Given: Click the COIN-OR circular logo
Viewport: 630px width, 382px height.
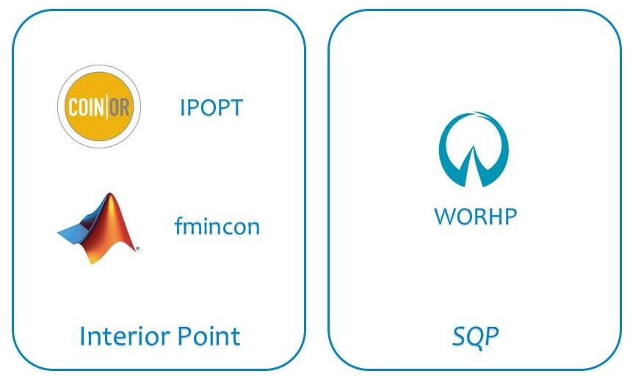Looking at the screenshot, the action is coord(99,107).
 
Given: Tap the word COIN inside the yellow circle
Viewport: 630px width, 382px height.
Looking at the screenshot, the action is coord(87,107).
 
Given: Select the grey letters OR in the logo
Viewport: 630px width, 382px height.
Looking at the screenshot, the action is coord(120,107).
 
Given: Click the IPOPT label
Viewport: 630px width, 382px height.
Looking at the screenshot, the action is coord(211,107).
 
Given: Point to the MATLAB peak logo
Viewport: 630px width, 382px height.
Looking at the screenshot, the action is coord(98,228).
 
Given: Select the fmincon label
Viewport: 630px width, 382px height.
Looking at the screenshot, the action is coord(217,226).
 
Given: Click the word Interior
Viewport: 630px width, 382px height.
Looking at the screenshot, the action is coord(126,336).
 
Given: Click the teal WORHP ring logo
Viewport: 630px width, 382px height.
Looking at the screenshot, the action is coord(474,149).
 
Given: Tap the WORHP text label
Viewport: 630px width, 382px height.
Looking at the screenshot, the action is coord(475,216).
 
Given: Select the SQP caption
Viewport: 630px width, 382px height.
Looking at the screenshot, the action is coord(475,336).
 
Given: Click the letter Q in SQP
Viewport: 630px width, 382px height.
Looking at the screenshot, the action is coord(475,337).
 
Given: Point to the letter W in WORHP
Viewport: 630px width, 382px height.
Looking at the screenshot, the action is coord(446,216).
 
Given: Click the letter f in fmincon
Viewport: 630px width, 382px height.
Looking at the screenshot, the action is coord(179,226).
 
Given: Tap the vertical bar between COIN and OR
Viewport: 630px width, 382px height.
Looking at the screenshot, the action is coord(107,107).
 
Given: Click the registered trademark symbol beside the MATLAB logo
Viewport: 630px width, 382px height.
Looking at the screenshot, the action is coord(137,249).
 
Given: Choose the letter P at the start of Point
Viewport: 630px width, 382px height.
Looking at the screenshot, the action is coord(184,336).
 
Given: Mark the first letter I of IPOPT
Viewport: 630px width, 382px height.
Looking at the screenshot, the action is coord(182,107).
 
